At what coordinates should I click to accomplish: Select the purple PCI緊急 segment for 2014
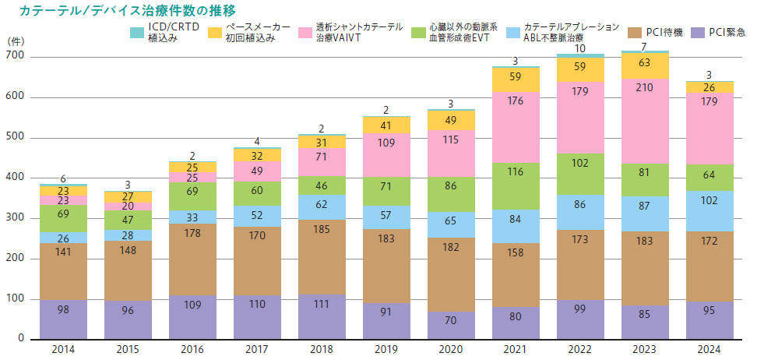(63, 319)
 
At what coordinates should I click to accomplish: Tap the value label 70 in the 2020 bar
(451, 319)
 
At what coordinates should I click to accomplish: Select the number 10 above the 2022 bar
(580, 48)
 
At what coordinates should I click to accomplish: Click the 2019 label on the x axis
(386, 348)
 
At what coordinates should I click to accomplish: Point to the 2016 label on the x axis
(192, 348)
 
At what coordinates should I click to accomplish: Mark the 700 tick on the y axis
(15, 57)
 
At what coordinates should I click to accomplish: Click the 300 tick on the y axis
(15, 218)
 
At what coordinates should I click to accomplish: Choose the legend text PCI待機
(664, 32)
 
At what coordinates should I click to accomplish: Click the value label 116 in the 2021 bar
(516, 171)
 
